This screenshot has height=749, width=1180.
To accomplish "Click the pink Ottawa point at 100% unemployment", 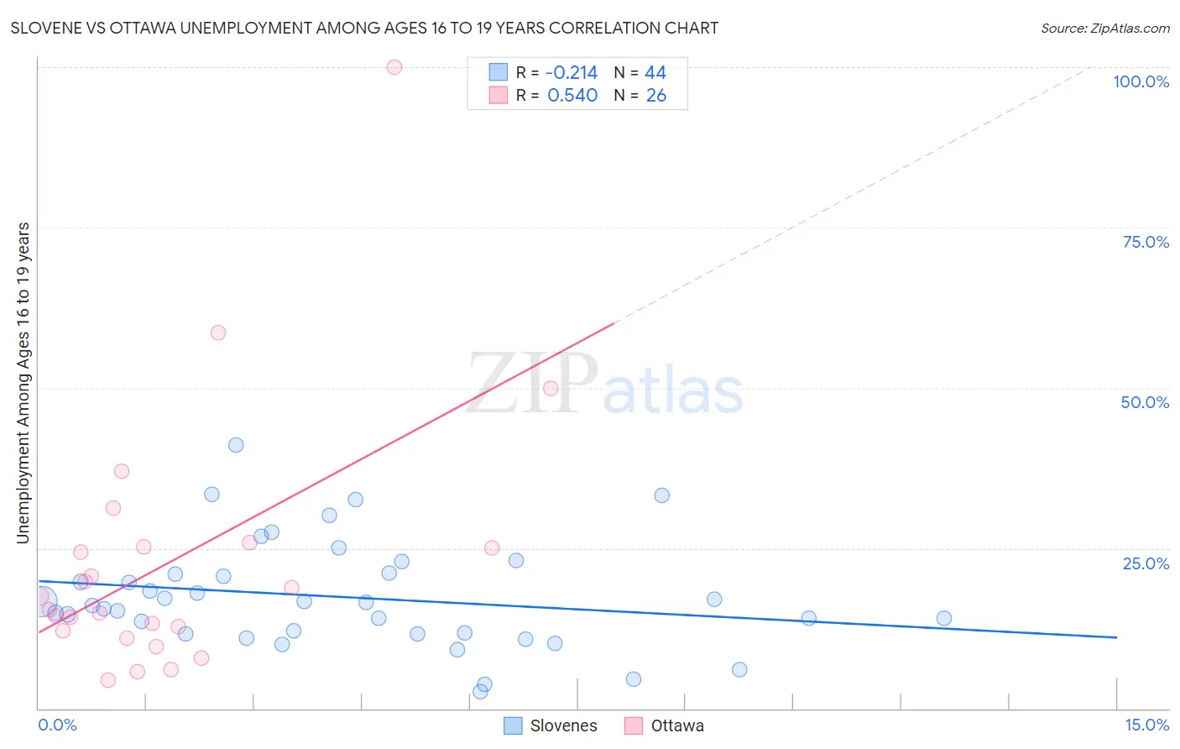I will [x=394, y=67].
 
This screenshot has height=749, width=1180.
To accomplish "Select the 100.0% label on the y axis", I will [x=1141, y=81].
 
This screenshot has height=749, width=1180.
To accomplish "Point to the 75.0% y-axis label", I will [x=1146, y=242].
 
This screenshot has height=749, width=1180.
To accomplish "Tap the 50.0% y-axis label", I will [x=1145, y=402].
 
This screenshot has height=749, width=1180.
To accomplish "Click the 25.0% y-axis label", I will [x=1146, y=563].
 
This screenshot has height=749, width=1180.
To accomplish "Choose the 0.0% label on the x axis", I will [x=57, y=725].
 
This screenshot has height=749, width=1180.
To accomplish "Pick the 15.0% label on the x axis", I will [x=1146, y=725].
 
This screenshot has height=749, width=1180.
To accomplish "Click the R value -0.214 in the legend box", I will [x=571, y=73].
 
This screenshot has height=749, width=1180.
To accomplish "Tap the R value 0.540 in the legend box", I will [x=572, y=96].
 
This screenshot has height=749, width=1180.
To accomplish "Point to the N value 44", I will [x=655, y=73].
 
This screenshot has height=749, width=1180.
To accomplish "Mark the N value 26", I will [x=656, y=96].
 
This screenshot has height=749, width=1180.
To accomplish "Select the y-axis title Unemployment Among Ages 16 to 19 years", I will [x=23, y=383].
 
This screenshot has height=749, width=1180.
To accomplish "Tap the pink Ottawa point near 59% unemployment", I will [x=218, y=333].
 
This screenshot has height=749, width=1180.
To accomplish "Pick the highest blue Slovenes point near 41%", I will [x=236, y=445].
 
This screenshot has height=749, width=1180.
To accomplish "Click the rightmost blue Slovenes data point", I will [x=944, y=618].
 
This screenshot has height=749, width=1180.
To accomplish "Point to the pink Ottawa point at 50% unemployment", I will [x=551, y=388].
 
